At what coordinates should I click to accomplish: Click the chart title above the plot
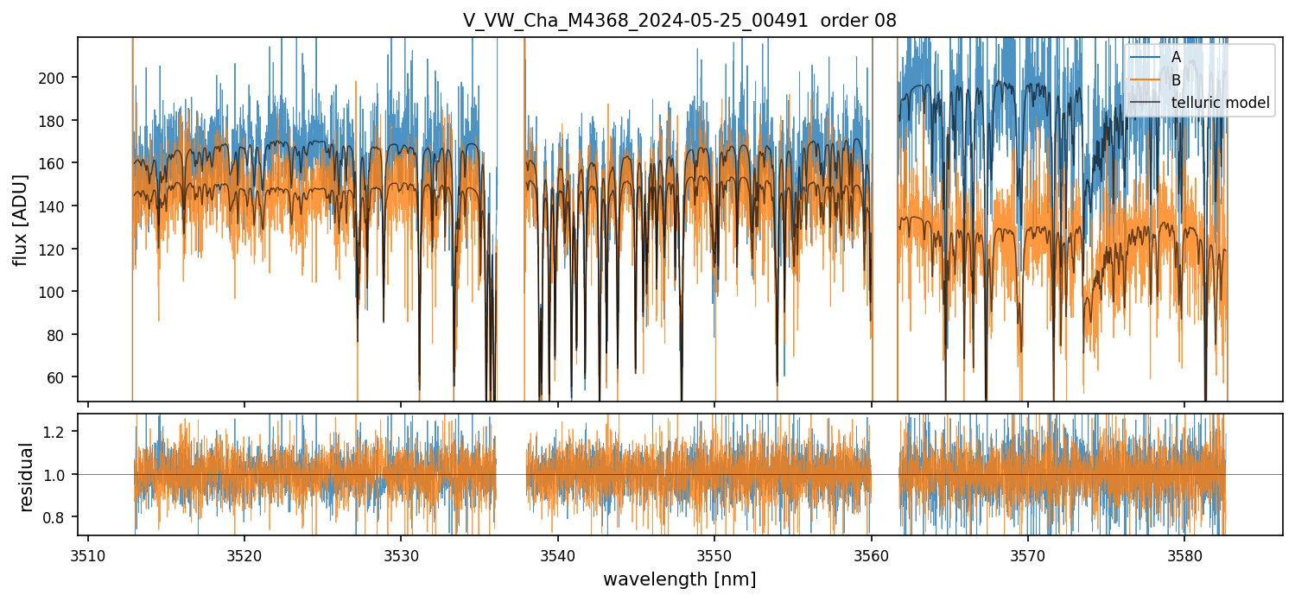click(679, 21)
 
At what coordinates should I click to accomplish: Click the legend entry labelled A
click(1176, 57)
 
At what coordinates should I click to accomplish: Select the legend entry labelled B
click(1176, 80)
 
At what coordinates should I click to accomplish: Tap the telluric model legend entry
click(1220, 103)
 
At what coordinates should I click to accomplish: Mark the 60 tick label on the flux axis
click(60, 377)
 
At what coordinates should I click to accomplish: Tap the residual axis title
click(26, 477)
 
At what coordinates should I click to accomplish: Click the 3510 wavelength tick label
click(88, 554)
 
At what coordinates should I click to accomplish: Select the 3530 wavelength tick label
click(401, 554)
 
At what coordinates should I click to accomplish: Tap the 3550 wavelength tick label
click(714, 554)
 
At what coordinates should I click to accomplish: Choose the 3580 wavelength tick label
click(1184, 554)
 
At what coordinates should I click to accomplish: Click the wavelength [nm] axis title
click(679, 579)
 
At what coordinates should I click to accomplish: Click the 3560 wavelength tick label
click(871, 554)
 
